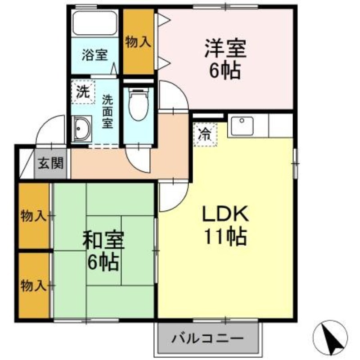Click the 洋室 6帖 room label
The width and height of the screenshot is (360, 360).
[225, 59]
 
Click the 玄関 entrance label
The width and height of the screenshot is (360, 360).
[50, 163]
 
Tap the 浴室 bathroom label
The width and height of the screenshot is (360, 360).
[94, 55]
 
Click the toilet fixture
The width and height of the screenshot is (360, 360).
[138, 104]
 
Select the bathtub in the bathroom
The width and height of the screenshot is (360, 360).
[94, 22]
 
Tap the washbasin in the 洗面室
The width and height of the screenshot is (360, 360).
[81, 129]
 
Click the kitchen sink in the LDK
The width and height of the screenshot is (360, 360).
[242, 126]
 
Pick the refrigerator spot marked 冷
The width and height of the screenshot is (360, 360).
[205, 135]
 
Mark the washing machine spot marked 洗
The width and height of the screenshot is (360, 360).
[83, 92]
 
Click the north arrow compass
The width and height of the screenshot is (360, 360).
[330, 337]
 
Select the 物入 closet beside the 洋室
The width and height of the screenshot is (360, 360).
[139, 42]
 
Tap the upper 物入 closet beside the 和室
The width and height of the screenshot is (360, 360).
[34, 216]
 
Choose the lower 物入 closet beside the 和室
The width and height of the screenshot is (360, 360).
[34, 286]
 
